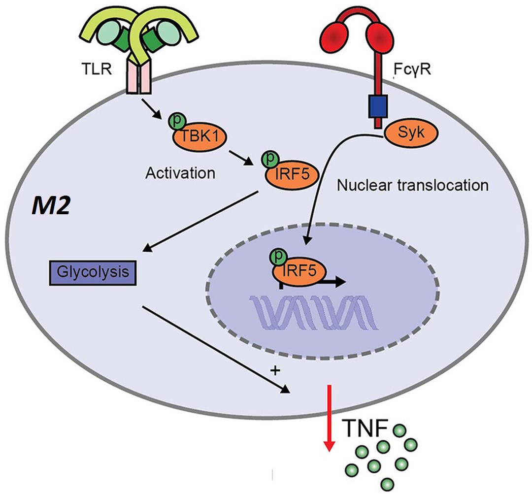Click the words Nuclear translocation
click(412, 186)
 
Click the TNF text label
click(363, 427)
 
